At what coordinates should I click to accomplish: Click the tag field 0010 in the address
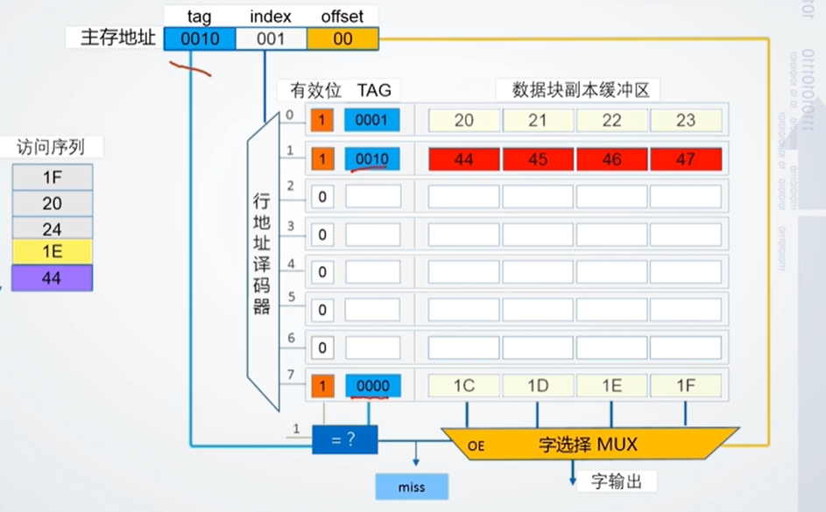coord(200,39)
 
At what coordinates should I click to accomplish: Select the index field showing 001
coord(271,39)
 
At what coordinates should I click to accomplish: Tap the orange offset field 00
coord(342,39)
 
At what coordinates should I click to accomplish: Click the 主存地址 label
coord(118,39)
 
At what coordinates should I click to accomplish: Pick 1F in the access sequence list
coord(53,178)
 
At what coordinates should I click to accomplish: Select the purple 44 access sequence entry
coord(53,279)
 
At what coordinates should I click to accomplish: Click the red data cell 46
coord(611,159)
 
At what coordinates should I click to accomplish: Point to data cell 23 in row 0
coord(686,121)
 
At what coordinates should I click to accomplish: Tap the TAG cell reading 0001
coord(372,121)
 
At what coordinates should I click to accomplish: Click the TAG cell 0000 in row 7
coord(372,385)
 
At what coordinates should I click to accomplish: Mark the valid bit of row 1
coord(322,159)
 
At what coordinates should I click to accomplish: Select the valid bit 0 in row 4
coord(322,272)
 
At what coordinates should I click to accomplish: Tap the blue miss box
coord(411,486)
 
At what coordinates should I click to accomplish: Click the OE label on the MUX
coord(476,445)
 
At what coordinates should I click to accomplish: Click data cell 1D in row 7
coord(538,385)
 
